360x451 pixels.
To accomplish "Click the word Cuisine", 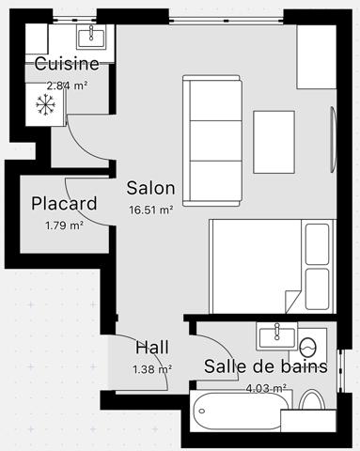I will tap(67, 64).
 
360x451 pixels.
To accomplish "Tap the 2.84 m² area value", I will tap(67, 85).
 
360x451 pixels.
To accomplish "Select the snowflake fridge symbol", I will tap(44, 103).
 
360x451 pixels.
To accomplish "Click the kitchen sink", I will tap(92, 36).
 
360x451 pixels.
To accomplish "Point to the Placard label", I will tap(64, 203).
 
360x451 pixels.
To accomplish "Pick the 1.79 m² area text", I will tap(64, 225).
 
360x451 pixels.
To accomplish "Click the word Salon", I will tap(151, 187).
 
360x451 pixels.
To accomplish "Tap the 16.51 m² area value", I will tap(150, 210).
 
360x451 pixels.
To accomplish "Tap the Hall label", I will tap(152, 348).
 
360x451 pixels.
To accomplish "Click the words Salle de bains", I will tap(266, 366).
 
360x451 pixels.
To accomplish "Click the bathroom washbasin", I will tap(277, 334).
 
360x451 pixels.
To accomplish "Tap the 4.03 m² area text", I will tap(266, 387).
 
